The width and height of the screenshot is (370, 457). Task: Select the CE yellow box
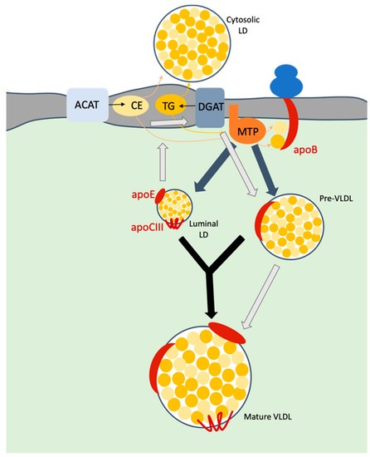point(138,106)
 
